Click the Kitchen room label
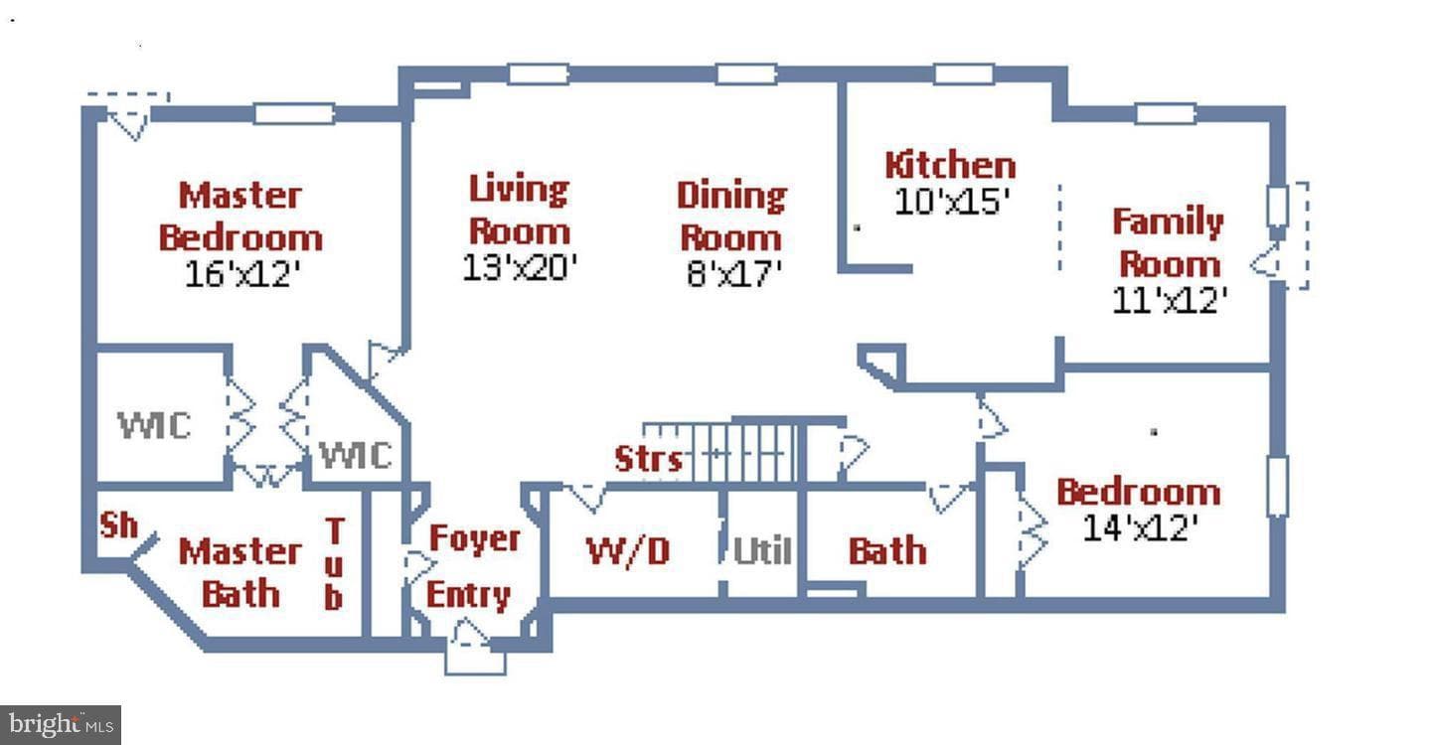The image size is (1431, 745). (x=950, y=165)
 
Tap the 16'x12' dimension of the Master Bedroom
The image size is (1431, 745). (x=242, y=274)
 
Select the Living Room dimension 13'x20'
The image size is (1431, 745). (x=520, y=267)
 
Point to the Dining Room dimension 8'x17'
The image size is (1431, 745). (x=733, y=273)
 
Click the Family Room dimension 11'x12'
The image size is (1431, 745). (x=1169, y=299)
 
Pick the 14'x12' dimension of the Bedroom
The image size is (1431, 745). (x=1140, y=527)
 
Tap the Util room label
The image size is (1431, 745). (x=762, y=550)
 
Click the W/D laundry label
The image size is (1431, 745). (x=628, y=551)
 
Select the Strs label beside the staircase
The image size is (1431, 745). (x=648, y=458)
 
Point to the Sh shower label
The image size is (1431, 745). (x=119, y=525)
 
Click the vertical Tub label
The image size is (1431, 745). (x=334, y=563)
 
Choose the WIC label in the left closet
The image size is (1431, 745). (x=154, y=425)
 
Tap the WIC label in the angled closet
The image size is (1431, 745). (x=355, y=455)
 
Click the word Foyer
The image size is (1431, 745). (x=475, y=539)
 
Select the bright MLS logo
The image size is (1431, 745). (x=61, y=724)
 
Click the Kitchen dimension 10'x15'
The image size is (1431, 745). (x=951, y=201)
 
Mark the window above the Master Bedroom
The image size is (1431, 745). (x=294, y=113)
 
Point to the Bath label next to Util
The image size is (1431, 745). (x=887, y=550)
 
